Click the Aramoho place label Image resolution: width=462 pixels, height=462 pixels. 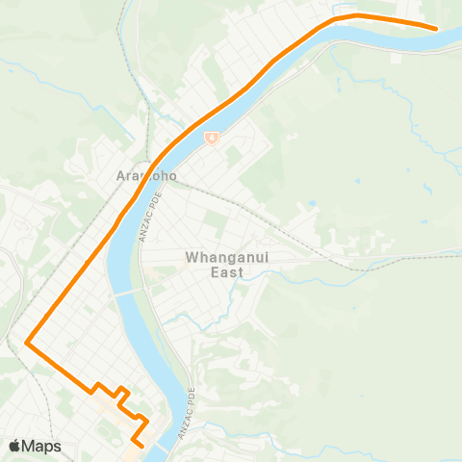pos(142,176)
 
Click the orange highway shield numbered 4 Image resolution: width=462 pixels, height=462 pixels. pos(210,138)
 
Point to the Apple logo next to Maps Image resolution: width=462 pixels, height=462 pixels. pos(15,446)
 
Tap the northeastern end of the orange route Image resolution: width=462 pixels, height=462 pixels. pos(436,29)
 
